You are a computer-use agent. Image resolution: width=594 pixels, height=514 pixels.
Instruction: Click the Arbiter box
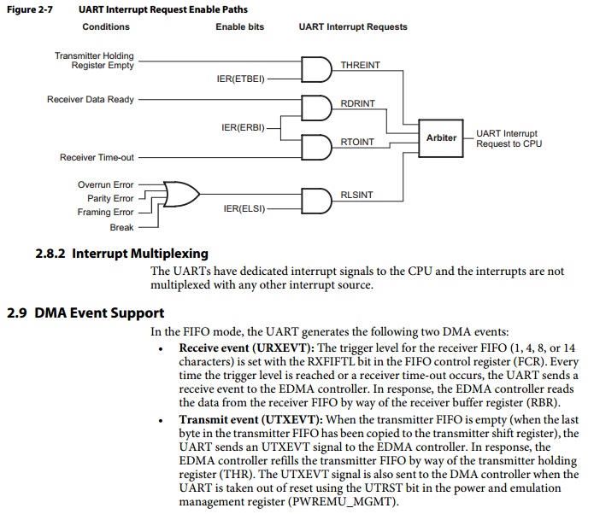440,138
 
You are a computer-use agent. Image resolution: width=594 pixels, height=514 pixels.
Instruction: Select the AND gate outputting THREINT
316,70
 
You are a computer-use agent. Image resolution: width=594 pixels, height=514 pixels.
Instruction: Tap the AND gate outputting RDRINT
316,108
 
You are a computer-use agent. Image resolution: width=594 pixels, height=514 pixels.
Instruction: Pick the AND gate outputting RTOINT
316,147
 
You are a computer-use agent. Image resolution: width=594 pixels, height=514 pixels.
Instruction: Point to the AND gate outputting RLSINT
316,201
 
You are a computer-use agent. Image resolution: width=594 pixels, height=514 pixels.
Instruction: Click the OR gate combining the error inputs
181,194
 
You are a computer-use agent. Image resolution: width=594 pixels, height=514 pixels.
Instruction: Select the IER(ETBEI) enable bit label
240,79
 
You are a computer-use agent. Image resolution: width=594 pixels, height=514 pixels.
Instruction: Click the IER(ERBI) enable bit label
243,127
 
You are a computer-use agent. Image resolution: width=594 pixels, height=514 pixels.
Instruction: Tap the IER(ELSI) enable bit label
244,208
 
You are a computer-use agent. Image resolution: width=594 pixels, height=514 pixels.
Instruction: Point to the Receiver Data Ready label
91,100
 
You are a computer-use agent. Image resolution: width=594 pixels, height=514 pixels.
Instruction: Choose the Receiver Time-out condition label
97,157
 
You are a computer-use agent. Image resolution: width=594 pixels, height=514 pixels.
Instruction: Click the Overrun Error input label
106,184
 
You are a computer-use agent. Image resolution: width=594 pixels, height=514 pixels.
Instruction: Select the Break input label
121,227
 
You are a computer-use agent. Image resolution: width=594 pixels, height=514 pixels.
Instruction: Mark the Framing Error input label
105,212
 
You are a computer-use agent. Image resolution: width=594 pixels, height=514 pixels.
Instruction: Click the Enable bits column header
240,26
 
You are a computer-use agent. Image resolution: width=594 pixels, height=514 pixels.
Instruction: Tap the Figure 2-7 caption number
30,9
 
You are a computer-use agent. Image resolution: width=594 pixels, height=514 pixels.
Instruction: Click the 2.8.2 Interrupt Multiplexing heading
121,254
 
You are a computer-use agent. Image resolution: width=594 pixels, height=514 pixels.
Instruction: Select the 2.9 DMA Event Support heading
85,313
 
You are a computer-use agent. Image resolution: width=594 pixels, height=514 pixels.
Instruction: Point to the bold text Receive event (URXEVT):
247,348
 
